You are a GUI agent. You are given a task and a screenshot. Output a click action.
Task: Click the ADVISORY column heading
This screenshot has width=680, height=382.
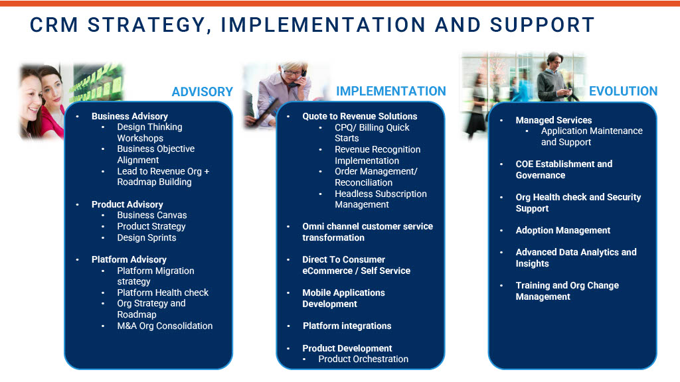click(x=202, y=92)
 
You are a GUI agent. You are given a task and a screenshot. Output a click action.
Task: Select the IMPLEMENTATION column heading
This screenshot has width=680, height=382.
click(x=390, y=92)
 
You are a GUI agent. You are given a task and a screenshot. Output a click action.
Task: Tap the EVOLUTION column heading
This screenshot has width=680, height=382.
click(x=623, y=92)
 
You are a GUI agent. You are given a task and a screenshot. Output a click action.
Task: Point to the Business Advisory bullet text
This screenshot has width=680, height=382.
click(x=129, y=116)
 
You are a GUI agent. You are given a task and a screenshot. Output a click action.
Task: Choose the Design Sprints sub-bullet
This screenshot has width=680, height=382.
click(x=147, y=237)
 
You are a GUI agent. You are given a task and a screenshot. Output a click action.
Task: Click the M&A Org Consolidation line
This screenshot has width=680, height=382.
click(x=165, y=326)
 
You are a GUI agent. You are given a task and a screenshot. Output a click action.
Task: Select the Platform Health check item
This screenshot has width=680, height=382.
click(x=163, y=292)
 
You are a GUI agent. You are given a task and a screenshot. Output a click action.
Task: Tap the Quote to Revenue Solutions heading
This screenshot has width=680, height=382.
click(x=359, y=116)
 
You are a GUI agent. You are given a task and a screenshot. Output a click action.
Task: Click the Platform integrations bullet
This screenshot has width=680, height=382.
click(x=347, y=326)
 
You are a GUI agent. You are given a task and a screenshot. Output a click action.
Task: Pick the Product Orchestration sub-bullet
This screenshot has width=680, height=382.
click(x=363, y=359)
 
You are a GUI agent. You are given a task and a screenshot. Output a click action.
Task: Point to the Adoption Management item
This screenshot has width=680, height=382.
click(x=563, y=230)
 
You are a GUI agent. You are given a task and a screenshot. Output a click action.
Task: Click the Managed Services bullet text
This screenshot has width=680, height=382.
click(x=553, y=120)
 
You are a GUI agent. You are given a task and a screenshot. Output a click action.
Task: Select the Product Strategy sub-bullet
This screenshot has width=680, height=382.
click(x=151, y=226)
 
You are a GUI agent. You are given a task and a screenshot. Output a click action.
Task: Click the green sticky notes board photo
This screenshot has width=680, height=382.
click(x=98, y=82)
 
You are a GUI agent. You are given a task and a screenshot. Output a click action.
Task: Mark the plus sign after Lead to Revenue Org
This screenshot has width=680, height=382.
click(x=207, y=172)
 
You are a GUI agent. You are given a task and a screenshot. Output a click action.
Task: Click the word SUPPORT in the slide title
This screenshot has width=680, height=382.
click(x=542, y=25)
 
